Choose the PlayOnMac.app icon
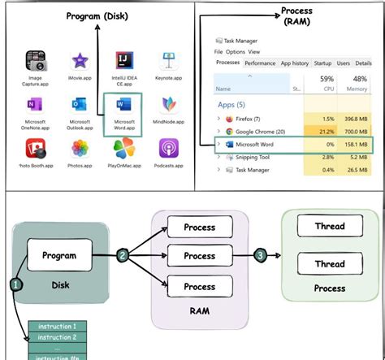(124, 148)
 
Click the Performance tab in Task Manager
(260, 63)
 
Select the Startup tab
(322, 63)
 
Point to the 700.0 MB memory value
(357, 131)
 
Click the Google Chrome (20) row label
(257, 131)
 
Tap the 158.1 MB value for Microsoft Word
(357, 145)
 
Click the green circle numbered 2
(123, 256)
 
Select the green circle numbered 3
(260, 256)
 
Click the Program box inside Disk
(59, 255)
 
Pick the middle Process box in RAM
(199, 256)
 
